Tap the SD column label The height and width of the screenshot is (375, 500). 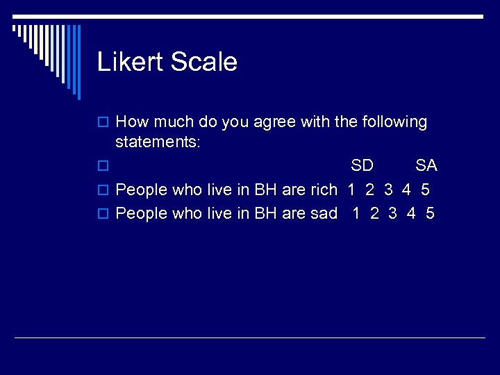coord(362,166)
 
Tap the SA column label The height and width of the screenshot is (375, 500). coord(426,166)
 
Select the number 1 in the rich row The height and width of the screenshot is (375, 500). coord(351,190)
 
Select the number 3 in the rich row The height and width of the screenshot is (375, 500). coord(388,190)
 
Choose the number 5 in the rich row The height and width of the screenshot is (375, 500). coord(425,190)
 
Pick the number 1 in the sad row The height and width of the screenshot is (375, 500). coord(356,213)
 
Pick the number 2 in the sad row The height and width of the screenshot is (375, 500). coord(375,213)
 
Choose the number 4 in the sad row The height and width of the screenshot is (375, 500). coord(412,213)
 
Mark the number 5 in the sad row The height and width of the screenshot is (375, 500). coord(431,213)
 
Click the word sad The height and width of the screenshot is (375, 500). coord(324,213)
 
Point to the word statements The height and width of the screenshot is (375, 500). coord(158,142)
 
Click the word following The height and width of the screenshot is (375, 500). coord(394,123)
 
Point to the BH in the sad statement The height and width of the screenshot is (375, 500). coord(266,213)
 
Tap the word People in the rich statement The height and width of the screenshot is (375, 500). coord(142,190)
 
